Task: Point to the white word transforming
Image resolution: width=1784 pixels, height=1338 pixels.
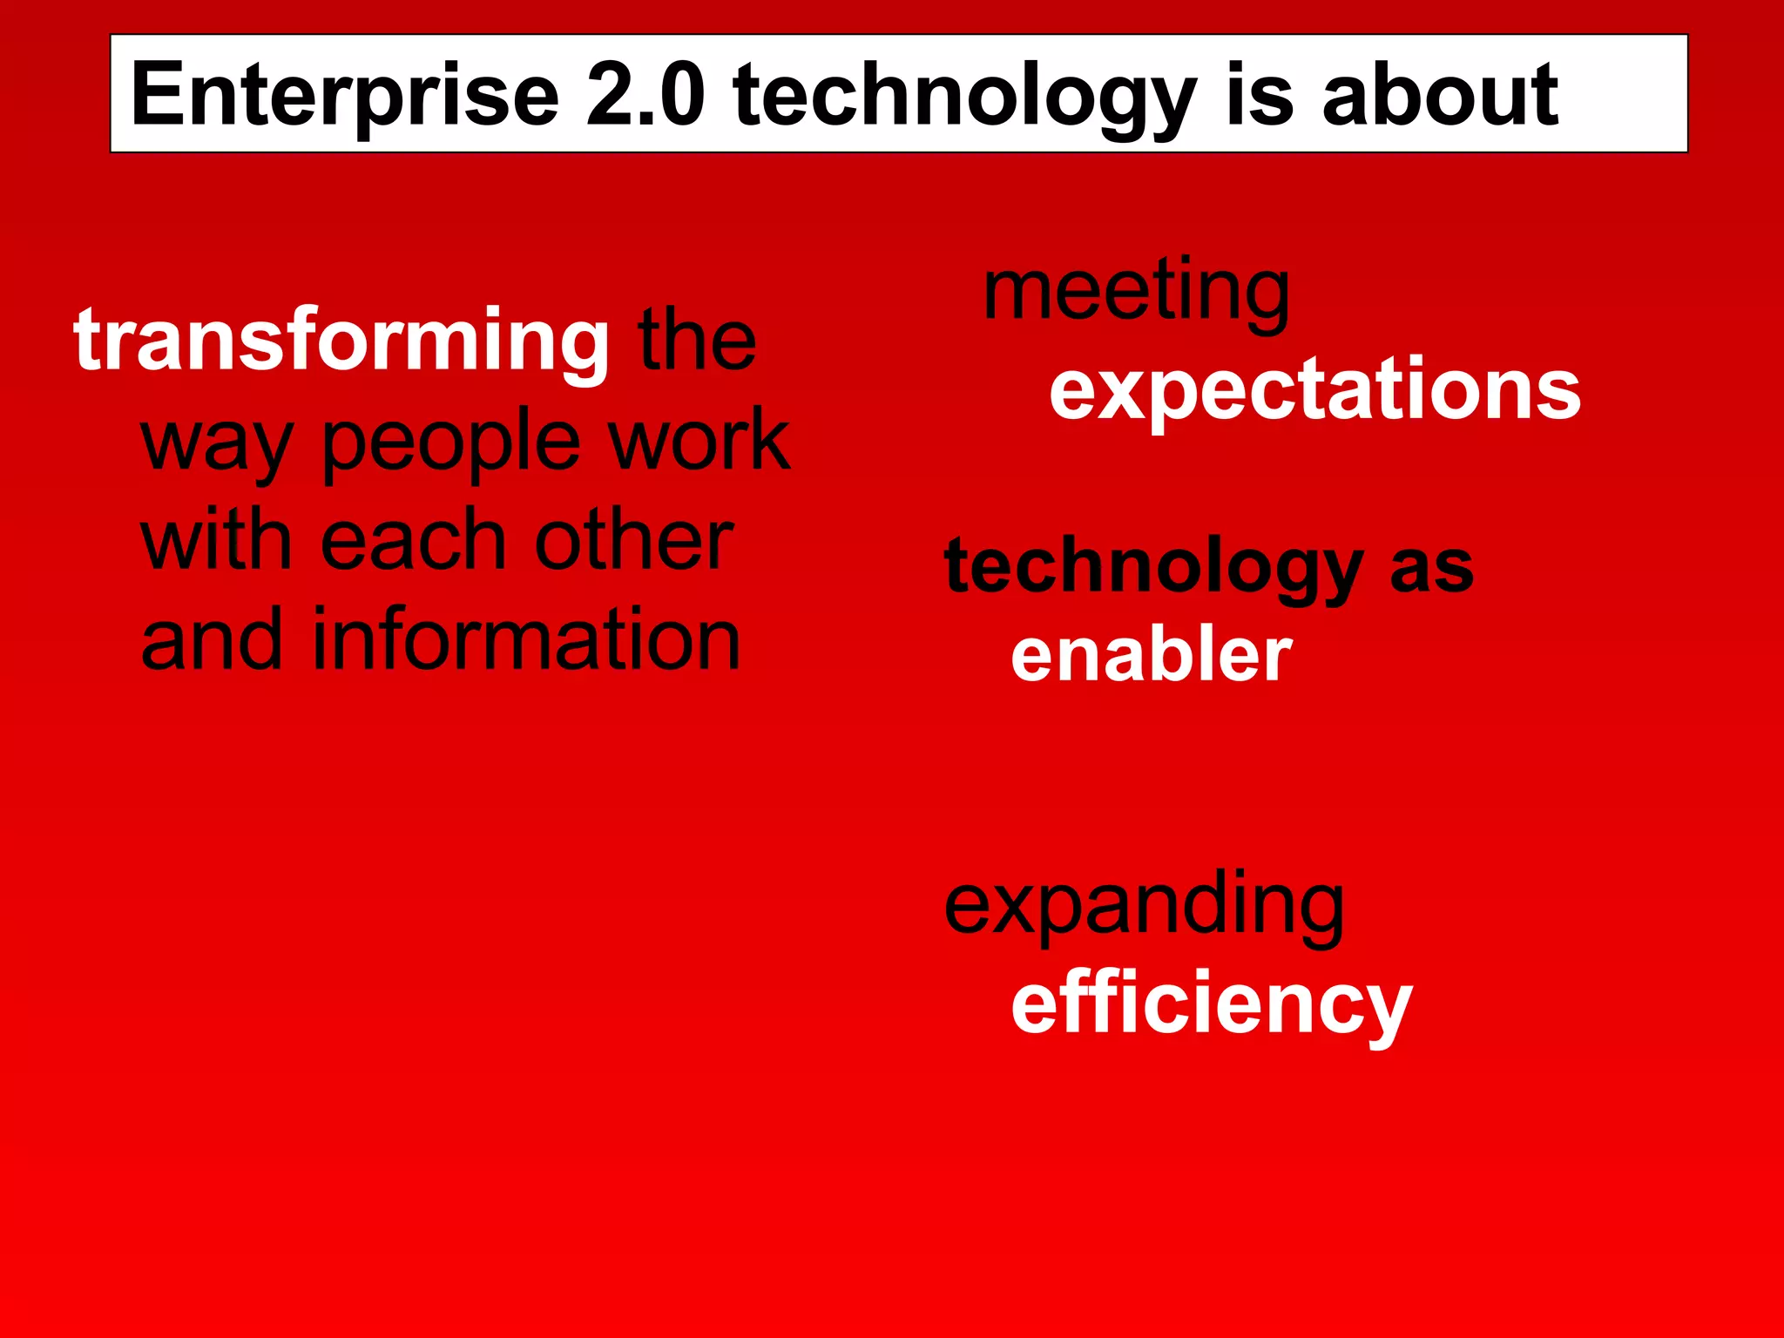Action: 341,341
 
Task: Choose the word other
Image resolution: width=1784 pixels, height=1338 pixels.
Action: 633,541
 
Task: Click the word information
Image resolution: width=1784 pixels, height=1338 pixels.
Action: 526,640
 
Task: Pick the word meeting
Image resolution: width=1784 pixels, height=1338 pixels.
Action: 1136,293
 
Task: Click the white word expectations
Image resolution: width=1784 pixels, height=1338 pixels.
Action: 1314,391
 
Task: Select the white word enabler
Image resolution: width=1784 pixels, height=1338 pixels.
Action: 1151,655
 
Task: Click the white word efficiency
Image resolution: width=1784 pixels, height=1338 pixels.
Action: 1210,1006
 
